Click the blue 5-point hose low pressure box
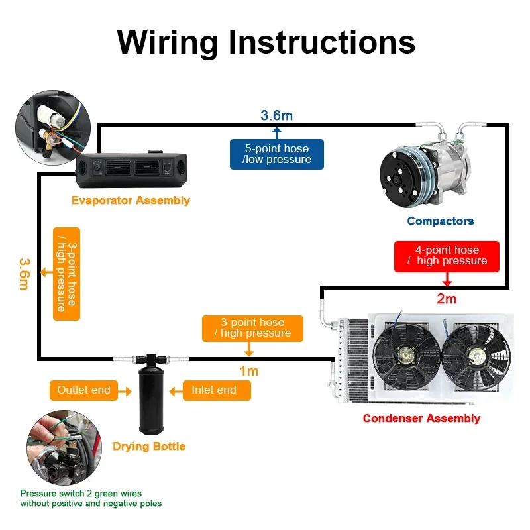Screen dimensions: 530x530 [x=276, y=154]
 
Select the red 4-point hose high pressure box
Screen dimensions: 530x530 [x=447, y=256]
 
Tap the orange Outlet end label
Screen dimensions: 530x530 [x=83, y=390]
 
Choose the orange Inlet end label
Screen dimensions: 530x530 [x=217, y=390]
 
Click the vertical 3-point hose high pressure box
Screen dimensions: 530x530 [x=67, y=274]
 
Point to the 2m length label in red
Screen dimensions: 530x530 [x=447, y=299]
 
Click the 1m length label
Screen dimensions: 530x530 [x=249, y=371]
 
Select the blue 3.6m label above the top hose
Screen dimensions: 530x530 [x=276, y=115]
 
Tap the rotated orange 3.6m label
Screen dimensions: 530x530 [x=25, y=274]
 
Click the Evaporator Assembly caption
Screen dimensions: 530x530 [x=131, y=201]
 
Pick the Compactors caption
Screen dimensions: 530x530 [x=440, y=221]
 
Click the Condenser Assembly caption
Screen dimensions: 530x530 [x=421, y=418]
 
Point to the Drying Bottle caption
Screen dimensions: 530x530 [x=149, y=446]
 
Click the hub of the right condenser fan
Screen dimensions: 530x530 [x=476, y=356]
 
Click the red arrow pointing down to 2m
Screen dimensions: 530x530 [x=447, y=279]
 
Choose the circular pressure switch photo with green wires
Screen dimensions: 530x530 [x=64, y=448]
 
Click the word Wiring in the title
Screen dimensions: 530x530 [x=167, y=43]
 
